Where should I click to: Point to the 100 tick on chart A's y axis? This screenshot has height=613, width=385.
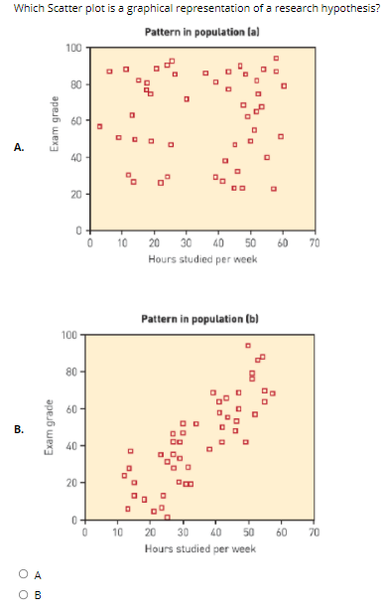pyautogui.click(x=74, y=49)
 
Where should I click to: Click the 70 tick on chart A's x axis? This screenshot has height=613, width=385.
pyautogui.click(x=314, y=244)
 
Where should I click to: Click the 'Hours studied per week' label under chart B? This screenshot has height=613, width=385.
pyautogui.click(x=199, y=547)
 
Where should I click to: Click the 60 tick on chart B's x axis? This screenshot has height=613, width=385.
pyautogui.click(x=281, y=534)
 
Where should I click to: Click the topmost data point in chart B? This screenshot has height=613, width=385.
pyautogui.click(x=249, y=346)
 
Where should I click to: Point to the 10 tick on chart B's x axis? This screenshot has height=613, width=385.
pyautogui.click(x=118, y=534)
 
